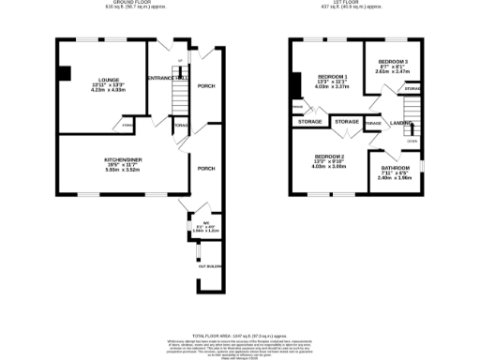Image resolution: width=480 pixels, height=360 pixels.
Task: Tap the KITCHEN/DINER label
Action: (121, 159)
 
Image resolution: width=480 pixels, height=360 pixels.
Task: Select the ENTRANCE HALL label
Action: (170, 78)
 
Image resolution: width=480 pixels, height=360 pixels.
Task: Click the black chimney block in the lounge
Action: (64, 73)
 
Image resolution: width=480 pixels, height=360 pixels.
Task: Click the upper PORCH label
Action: (205, 86)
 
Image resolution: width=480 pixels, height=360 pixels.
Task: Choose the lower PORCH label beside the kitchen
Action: (205, 168)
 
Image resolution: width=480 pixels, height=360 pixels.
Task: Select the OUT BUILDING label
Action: (209, 266)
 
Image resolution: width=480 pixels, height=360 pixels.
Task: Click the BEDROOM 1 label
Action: (332, 76)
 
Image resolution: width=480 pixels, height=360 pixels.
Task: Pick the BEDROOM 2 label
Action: (329, 156)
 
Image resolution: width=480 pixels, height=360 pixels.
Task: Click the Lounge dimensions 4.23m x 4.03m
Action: (108, 91)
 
